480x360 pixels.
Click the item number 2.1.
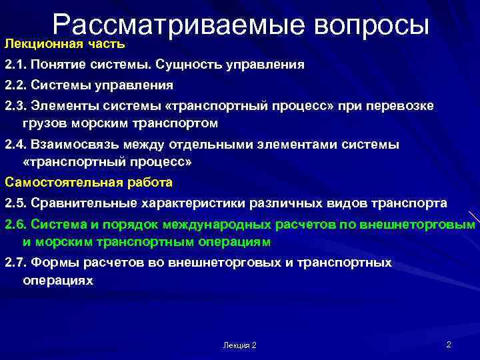16,65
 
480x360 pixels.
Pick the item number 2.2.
16,85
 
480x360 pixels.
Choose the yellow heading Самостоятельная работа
89,181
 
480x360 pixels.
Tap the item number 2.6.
16,224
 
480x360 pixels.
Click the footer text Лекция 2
240,345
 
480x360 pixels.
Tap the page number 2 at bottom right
449,344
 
